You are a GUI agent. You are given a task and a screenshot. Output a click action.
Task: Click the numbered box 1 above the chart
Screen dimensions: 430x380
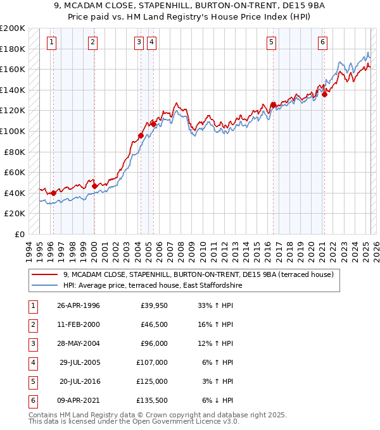[x=51, y=42]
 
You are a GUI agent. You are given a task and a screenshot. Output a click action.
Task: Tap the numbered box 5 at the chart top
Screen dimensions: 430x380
[x=271, y=42]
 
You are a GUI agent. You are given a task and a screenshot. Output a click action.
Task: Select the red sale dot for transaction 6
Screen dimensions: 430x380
[x=324, y=95]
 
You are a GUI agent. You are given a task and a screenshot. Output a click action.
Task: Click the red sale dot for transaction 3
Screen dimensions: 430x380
[x=141, y=135]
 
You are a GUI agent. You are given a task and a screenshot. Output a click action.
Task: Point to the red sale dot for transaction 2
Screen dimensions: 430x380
[x=94, y=187]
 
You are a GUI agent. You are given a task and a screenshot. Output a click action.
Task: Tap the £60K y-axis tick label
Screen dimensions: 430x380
[x=15, y=172]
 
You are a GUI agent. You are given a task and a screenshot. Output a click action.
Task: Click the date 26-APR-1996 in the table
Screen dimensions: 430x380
[x=78, y=305]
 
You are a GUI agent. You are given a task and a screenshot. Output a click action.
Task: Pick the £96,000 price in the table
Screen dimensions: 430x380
[x=153, y=343]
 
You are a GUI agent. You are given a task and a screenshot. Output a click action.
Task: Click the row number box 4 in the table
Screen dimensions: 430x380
[x=32, y=362]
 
